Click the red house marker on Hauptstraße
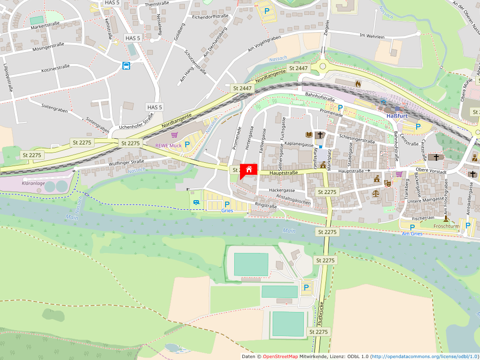pyautogui.click(x=249, y=169)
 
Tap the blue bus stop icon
pyautogui.click(x=126, y=66)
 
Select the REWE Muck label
pyautogui.click(x=168, y=145)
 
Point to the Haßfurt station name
pyautogui.click(x=397, y=116)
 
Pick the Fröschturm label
pyautogui.click(x=446, y=226)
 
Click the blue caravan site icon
pyautogui.click(x=197, y=203)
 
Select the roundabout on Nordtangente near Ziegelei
pyautogui.click(x=323, y=66)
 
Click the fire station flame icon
pyautogui.click(x=358, y=84)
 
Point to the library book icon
pyautogui.click(x=309, y=135)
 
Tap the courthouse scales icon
pyautogui.click(x=375, y=193)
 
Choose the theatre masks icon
pyautogui.click(x=387, y=182)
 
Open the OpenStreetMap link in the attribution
pyautogui.click(x=280, y=357)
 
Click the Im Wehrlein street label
pyautogui.click(x=372, y=36)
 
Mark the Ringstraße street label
pyautogui.click(x=266, y=206)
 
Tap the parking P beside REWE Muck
pyautogui.click(x=187, y=144)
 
